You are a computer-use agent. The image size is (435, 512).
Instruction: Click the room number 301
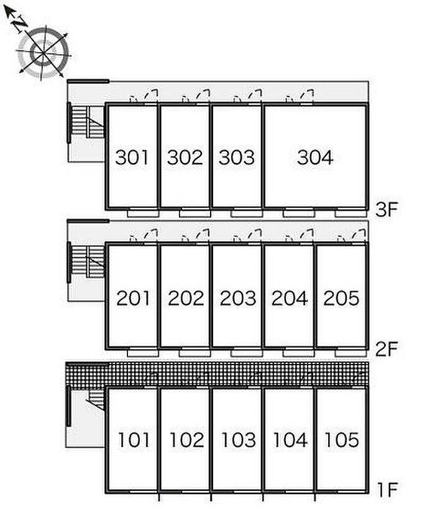132,158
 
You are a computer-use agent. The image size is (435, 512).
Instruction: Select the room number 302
185,158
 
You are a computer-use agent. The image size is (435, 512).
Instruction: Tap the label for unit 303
237,158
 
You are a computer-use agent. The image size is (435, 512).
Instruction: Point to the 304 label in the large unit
315,158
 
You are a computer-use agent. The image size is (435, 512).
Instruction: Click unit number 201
134,299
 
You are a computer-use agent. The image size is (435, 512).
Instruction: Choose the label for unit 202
186,299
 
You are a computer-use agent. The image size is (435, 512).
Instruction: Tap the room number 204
290,299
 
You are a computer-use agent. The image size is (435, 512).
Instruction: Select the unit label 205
341,299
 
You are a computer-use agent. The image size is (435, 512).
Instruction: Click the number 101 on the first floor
134,440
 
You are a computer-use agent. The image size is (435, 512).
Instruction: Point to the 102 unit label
186,440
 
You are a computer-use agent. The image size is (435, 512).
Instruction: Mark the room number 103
238,440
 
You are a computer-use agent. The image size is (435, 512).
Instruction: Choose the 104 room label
290,440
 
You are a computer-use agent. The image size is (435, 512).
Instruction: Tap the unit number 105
341,440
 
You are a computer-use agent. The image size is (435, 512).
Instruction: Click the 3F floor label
386,210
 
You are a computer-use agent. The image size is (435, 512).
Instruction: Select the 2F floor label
386,350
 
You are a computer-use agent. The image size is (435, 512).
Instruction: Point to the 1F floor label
386,490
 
